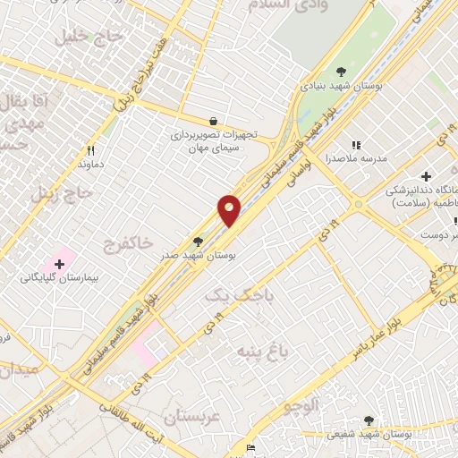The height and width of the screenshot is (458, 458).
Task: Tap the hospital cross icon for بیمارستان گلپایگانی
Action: point(60,264)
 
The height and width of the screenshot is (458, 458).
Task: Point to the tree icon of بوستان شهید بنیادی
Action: point(341,71)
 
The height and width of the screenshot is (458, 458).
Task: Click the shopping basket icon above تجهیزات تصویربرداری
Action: point(213,121)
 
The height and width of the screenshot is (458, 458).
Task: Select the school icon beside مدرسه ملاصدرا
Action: point(356,145)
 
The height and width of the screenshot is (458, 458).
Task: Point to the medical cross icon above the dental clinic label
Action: point(427,175)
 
